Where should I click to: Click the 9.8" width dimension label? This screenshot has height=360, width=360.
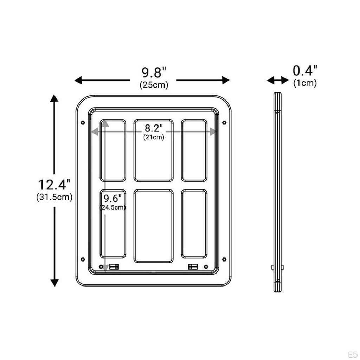click(x=154, y=73)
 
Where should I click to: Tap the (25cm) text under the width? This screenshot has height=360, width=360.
click(x=154, y=85)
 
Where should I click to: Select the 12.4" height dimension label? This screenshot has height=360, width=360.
click(x=54, y=184)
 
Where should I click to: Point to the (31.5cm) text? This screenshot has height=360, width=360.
click(x=54, y=197)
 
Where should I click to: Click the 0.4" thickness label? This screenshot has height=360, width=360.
click(x=305, y=71)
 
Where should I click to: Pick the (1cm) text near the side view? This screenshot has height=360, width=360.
click(x=305, y=83)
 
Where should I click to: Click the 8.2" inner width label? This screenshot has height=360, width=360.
click(x=154, y=128)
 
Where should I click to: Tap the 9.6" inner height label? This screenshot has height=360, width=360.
click(x=112, y=198)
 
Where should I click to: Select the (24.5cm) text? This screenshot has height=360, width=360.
click(x=112, y=207)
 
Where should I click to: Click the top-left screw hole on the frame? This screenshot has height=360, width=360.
click(x=83, y=123)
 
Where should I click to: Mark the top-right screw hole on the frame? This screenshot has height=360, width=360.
click(x=224, y=123)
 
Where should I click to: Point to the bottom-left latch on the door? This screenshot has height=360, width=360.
click(x=114, y=266)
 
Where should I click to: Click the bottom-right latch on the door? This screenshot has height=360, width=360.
click(x=193, y=266)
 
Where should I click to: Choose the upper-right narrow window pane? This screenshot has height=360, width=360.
click(x=194, y=150)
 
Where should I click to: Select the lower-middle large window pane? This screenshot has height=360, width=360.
click(x=154, y=226)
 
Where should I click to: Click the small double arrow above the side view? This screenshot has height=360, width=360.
click(x=277, y=81)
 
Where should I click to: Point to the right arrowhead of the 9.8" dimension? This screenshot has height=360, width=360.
click(x=226, y=80)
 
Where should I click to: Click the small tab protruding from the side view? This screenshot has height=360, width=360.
click(x=273, y=268)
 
